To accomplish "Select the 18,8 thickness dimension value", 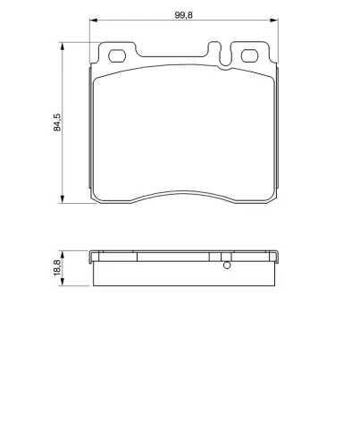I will point(57,266).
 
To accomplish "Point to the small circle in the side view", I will point(226,265).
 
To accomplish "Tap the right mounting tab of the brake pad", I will point(251,55).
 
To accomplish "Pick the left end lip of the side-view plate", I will point(91,259).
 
